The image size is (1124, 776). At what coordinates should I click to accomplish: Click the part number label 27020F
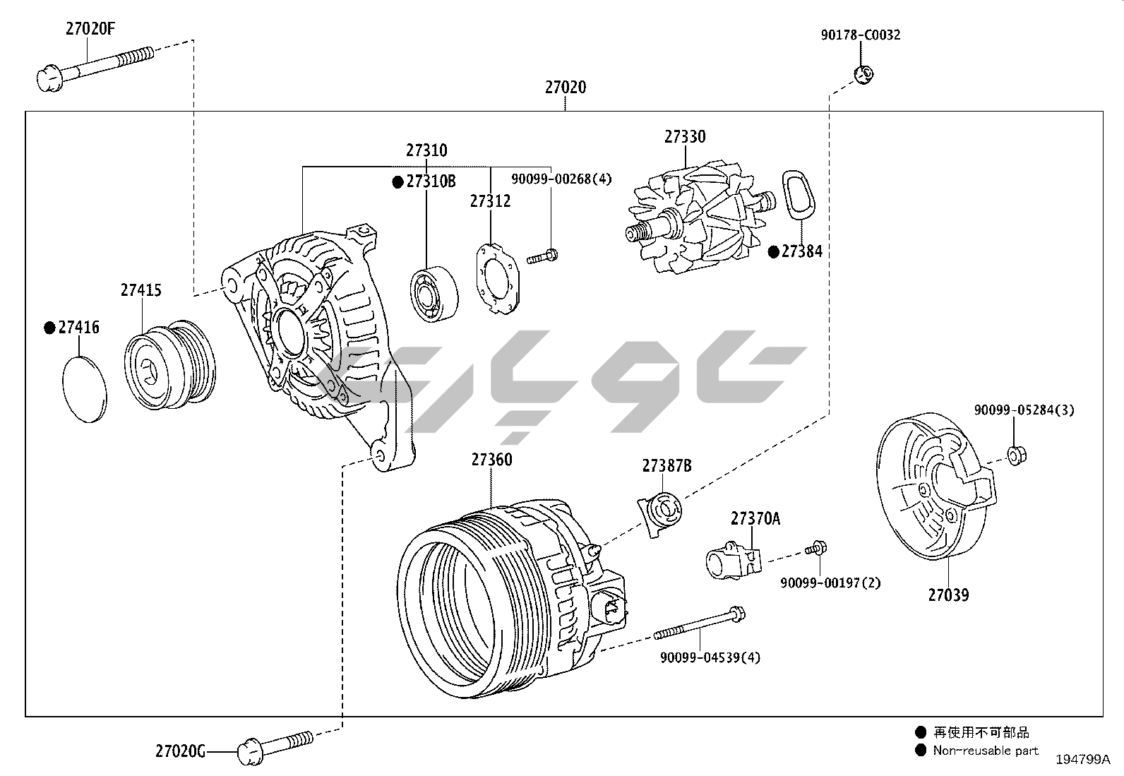pyautogui.click(x=90, y=29)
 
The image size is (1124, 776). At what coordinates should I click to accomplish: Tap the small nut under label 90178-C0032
pyautogui.click(x=863, y=73)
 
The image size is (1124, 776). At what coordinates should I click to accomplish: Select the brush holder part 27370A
pyautogui.click(x=734, y=561)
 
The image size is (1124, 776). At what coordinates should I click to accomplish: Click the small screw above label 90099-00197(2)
pyautogui.click(x=816, y=549)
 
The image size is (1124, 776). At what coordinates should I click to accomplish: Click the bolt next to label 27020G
pyautogui.click(x=276, y=745)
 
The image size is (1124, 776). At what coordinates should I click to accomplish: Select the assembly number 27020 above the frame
pyautogui.click(x=565, y=88)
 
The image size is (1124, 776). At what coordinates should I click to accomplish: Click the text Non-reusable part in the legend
pyautogui.click(x=986, y=751)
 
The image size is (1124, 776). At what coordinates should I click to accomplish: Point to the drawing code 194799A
pyautogui.click(x=1083, y=760)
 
